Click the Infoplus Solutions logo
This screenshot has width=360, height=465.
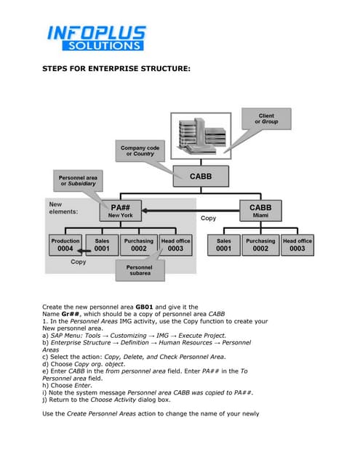pos(96,38)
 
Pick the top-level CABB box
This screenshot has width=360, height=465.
pos(201,176)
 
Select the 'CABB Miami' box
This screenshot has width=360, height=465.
pos(260,211)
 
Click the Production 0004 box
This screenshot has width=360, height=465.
pos(65,245)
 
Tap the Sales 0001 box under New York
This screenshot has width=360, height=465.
pos(102,245)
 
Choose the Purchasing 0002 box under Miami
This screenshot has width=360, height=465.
pos(260,245)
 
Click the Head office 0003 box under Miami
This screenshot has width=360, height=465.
pos(297,245)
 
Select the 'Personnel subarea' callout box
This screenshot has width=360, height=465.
pos(139,271)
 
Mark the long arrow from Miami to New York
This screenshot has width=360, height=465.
pos(191,211)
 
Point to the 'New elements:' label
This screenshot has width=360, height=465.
pos(65,209)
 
